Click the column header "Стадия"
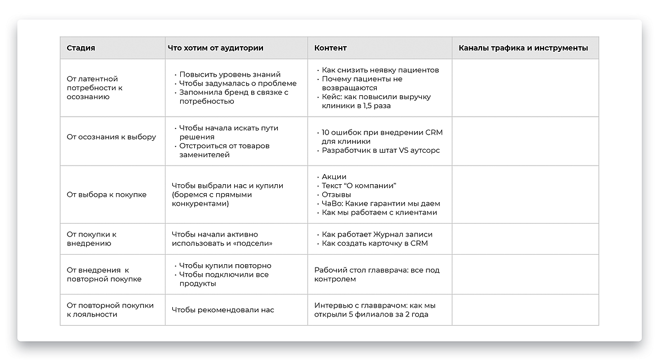(x=81, y=48)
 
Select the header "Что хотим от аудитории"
(x=215, y=48)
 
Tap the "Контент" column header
(x=330, y=48)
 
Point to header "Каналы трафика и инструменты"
(x=523, y=48)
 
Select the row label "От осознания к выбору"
(x=111, y=137)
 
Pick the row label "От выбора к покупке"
(x=106, y=194)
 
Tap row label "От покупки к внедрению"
(x=91, y=239)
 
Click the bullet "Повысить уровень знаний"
(x=230, y=74)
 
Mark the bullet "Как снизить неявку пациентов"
(x=380, y=70)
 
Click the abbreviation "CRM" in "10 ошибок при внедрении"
(x=433, y=132)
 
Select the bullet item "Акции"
(x=334, y=176)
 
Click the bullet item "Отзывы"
(x=336, y=194)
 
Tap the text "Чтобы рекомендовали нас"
(x=222, y=310)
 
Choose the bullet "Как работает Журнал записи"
(x=377, y=234)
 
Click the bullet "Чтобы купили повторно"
(x=225, y=265)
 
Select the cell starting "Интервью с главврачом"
(x=375, y=310)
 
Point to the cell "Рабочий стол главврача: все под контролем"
(x=377, y=274)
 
